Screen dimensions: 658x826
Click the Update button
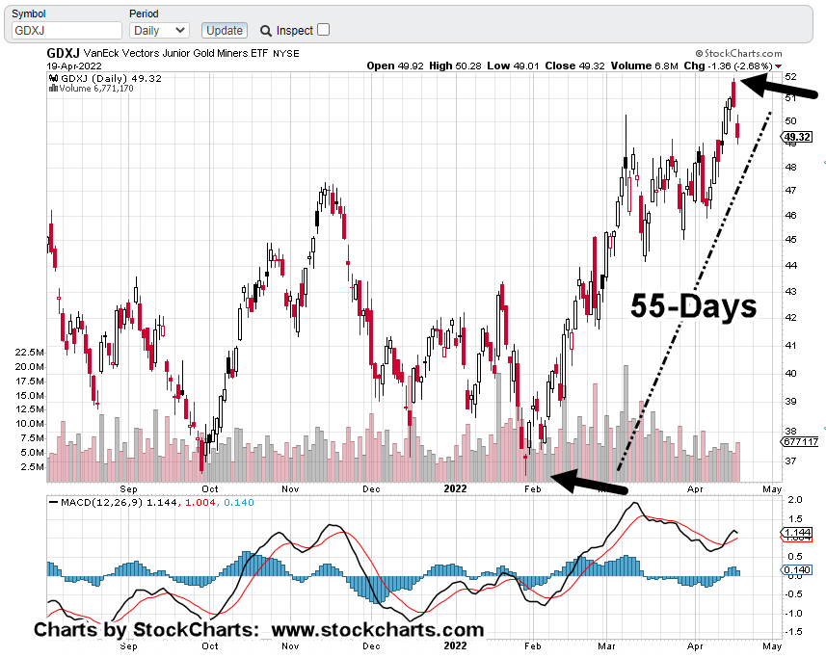click(x=224, y=31)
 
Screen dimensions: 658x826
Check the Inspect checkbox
click(x=323, y=30)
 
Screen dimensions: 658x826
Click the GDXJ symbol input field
click(x=66, y=31)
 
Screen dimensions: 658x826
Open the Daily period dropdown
click(x=159, y=31)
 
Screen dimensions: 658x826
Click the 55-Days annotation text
click(x=694, y=306)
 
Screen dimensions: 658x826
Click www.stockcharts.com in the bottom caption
click(x=377, y=631)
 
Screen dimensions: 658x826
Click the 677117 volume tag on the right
click(x=799, y=442)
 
